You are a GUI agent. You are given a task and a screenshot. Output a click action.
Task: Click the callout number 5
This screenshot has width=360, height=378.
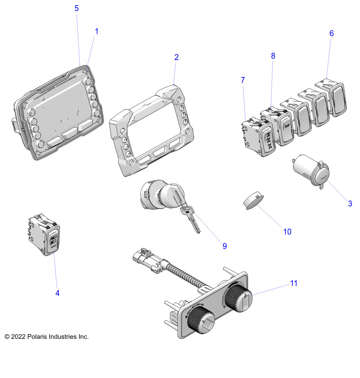(77, 8)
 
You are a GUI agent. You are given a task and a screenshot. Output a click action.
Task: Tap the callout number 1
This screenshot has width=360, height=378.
(97, 31)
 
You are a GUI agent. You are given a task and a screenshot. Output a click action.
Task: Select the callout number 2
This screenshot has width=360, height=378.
(177, 57)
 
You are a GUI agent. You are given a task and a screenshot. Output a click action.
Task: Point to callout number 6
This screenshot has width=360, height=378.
(331, 33)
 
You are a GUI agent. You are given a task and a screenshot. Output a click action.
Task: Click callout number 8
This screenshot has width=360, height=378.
(273, 56)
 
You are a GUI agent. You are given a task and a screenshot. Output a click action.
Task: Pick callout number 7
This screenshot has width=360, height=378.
(243, 80)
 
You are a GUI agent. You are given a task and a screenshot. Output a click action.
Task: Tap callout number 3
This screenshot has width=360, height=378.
(350, 203)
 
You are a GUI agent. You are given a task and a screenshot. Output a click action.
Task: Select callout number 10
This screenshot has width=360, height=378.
(287, 232)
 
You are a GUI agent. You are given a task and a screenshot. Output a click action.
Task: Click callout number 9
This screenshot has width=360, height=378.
(224, 246)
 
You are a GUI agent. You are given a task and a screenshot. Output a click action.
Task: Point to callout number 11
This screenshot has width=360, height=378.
(294, 283)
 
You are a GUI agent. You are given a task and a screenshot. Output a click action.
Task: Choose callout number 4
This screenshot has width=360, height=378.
(57, 293)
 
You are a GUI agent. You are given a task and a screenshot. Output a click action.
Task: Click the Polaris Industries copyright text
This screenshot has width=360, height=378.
(46, 337)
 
